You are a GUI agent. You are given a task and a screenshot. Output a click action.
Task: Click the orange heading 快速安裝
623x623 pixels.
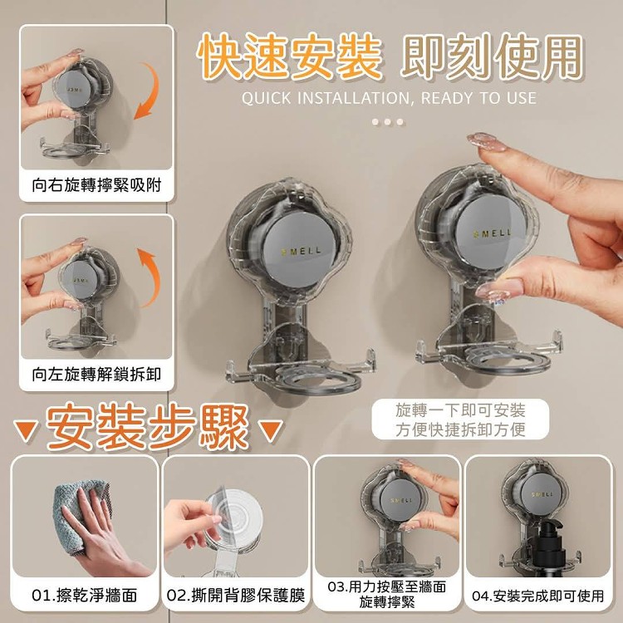coord(290,56)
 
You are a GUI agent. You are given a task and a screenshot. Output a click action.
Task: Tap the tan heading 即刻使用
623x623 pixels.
coord(492,56)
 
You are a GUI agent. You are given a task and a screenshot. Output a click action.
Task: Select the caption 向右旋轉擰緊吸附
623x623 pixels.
coord(96,185)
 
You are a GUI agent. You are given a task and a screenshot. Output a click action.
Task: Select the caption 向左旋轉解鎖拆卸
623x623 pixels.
coord(96,375)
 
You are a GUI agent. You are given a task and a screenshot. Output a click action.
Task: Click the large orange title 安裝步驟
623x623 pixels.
coord(148,426)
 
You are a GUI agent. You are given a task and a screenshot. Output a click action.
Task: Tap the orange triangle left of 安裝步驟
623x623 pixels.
coord(27,430)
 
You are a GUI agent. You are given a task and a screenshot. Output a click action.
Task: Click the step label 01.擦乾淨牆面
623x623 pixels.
coord(85,596)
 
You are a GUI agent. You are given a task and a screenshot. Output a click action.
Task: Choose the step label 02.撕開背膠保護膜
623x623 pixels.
coord(236,596)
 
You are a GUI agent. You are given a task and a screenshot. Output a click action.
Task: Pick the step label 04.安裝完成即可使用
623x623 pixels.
coord(538,596)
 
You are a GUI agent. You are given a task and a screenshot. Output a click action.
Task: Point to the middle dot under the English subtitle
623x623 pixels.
coord(388,121)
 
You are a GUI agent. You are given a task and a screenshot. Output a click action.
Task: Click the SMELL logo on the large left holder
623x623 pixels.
coord(302,251)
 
